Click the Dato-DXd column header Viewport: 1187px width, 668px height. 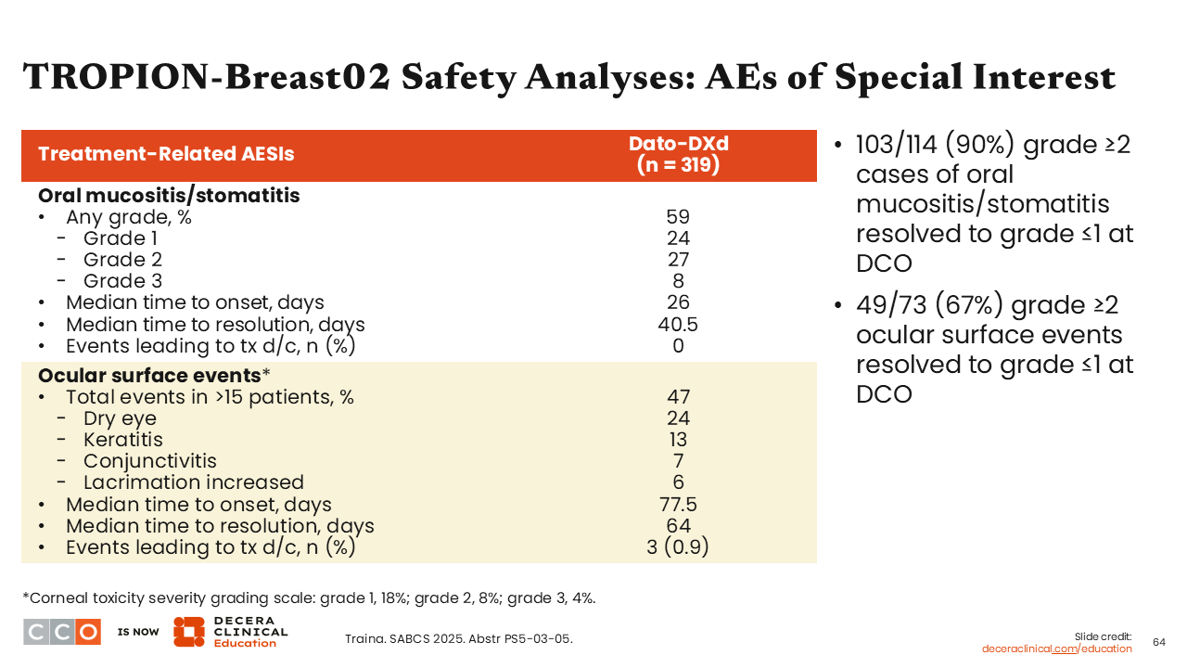[678, 154]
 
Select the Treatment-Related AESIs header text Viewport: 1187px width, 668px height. [166, 154]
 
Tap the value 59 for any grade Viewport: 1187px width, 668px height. [678, 217]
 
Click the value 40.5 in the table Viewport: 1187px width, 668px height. [678, 324]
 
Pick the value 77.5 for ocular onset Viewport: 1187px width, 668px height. [678, 504]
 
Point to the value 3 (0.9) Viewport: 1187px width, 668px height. [678, 547]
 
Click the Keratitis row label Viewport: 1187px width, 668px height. [123, 440]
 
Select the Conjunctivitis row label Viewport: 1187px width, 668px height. [150, 461]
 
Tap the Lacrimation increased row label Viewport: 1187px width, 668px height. [194, 482]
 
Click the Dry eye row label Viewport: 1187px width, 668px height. [120, 418]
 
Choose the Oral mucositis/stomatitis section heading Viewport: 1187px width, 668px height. [169, 196]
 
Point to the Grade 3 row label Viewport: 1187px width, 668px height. [122, 281]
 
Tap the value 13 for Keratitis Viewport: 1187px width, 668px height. [678, 440]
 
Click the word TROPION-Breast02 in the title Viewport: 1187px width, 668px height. [207, 77]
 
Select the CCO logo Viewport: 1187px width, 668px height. [62, 632]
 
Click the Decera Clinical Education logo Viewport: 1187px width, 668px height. [231, 632]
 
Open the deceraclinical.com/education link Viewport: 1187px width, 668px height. [1056, 649]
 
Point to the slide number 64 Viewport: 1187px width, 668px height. [1159, 643]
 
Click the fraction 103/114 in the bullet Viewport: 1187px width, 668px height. [897, 145]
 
